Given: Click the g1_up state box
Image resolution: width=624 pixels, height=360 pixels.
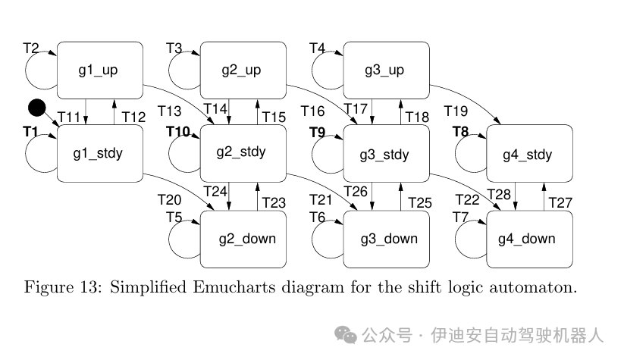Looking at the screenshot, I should (99, 70).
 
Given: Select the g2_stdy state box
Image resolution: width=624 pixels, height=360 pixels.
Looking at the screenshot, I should (243, 153).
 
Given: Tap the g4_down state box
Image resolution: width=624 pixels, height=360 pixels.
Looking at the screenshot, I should (528, 239).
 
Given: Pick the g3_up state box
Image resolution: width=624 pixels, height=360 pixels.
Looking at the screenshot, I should (386, 70).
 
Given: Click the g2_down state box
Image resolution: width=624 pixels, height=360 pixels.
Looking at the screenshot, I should (243, 239).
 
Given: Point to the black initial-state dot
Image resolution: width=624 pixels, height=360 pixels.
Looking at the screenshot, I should (37, 108).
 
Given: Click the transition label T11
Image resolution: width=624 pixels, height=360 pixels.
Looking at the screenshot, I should (69, 117).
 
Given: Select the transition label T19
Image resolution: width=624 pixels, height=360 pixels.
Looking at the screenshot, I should (456, 111).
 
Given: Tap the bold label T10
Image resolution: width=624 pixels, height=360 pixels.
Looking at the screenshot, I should (178, 132).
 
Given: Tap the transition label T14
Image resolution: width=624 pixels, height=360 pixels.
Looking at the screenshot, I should (217, 109).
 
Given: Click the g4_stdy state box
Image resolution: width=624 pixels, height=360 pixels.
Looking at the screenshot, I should (528, 155).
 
